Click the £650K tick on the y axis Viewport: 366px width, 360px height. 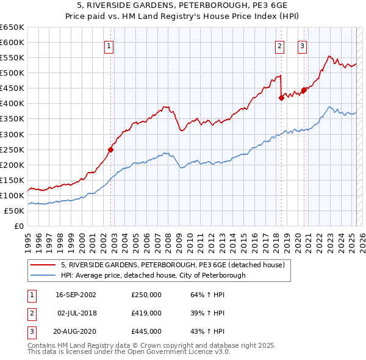click(x=12, y=27)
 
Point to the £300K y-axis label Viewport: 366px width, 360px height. click(x=12, y=134)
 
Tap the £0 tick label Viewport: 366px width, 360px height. click(x=18, y=226)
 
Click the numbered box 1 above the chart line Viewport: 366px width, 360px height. click(x=109, y=45)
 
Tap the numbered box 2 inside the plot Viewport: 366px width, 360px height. click(x=279, y=45)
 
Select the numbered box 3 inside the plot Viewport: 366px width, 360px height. click(x=302, y=45)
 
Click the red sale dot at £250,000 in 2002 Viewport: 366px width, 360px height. click(x=111, y=149)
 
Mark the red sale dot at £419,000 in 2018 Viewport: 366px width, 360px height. click(x=281, y=98)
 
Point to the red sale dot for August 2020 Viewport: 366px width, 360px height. click(x=304, y=90)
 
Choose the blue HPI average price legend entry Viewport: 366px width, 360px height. click(x=152, y=275)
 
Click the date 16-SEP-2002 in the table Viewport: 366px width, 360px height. click(x=76, y=295)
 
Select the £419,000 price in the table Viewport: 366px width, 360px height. click(x=146, y=313)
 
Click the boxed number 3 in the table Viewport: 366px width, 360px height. click(x=30, y=331)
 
